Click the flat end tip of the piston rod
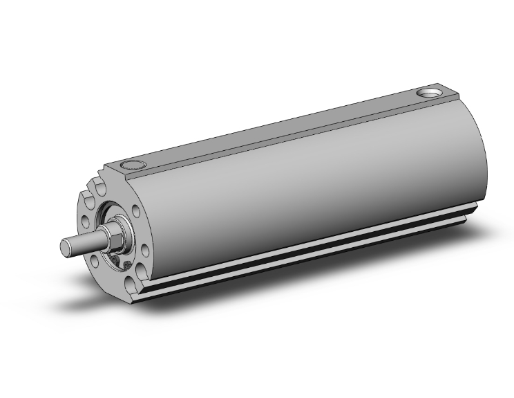coord(66,246)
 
